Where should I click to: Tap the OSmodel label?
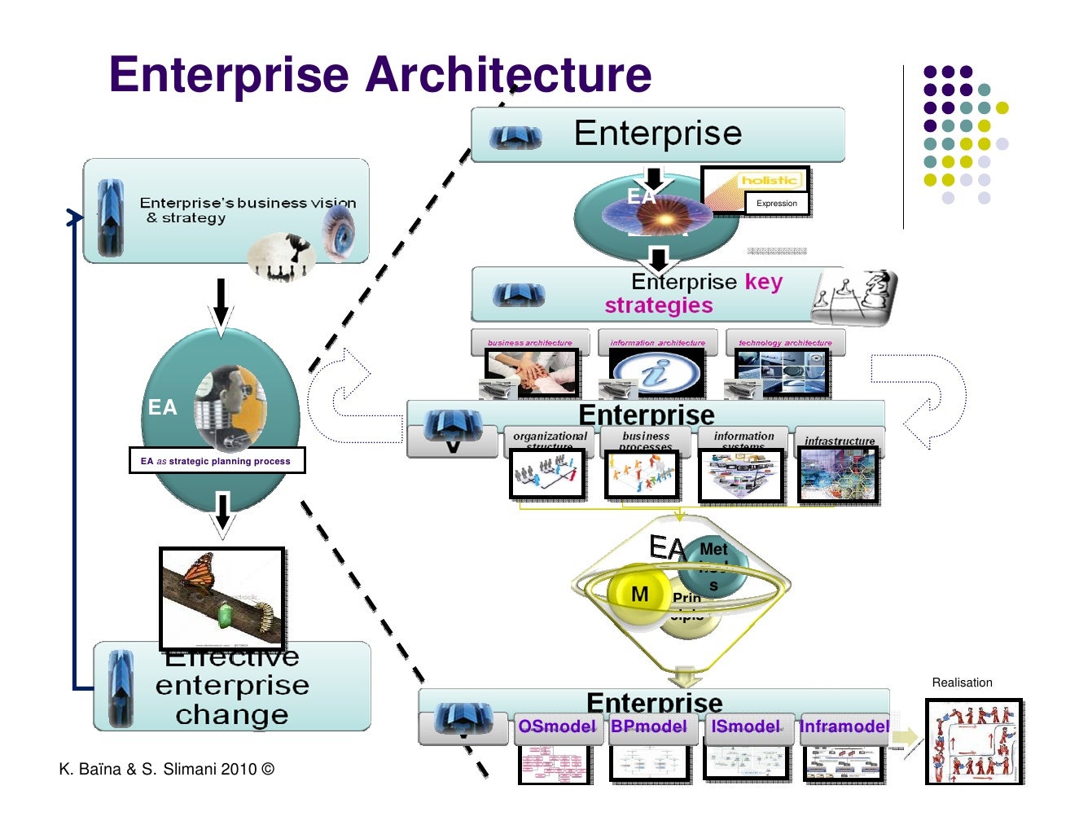coord(556,726)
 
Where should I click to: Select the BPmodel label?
coord(649,726)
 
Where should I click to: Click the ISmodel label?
coord(745,726)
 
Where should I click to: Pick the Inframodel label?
coord(844,726)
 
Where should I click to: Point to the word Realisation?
coord(962,683)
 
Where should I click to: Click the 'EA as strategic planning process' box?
coord(217,461)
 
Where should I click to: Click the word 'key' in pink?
coord(763,282)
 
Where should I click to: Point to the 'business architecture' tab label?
coord(529,343)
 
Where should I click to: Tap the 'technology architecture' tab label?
coord(785,343)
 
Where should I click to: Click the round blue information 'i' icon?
coord(656,374)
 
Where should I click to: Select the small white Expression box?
coord(777,204)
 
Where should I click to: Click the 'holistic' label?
coord(769,180)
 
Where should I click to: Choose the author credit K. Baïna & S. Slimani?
coord(166,769)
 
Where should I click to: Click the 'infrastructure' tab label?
coord(839,441)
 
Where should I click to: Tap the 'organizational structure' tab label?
coord(550,438)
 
